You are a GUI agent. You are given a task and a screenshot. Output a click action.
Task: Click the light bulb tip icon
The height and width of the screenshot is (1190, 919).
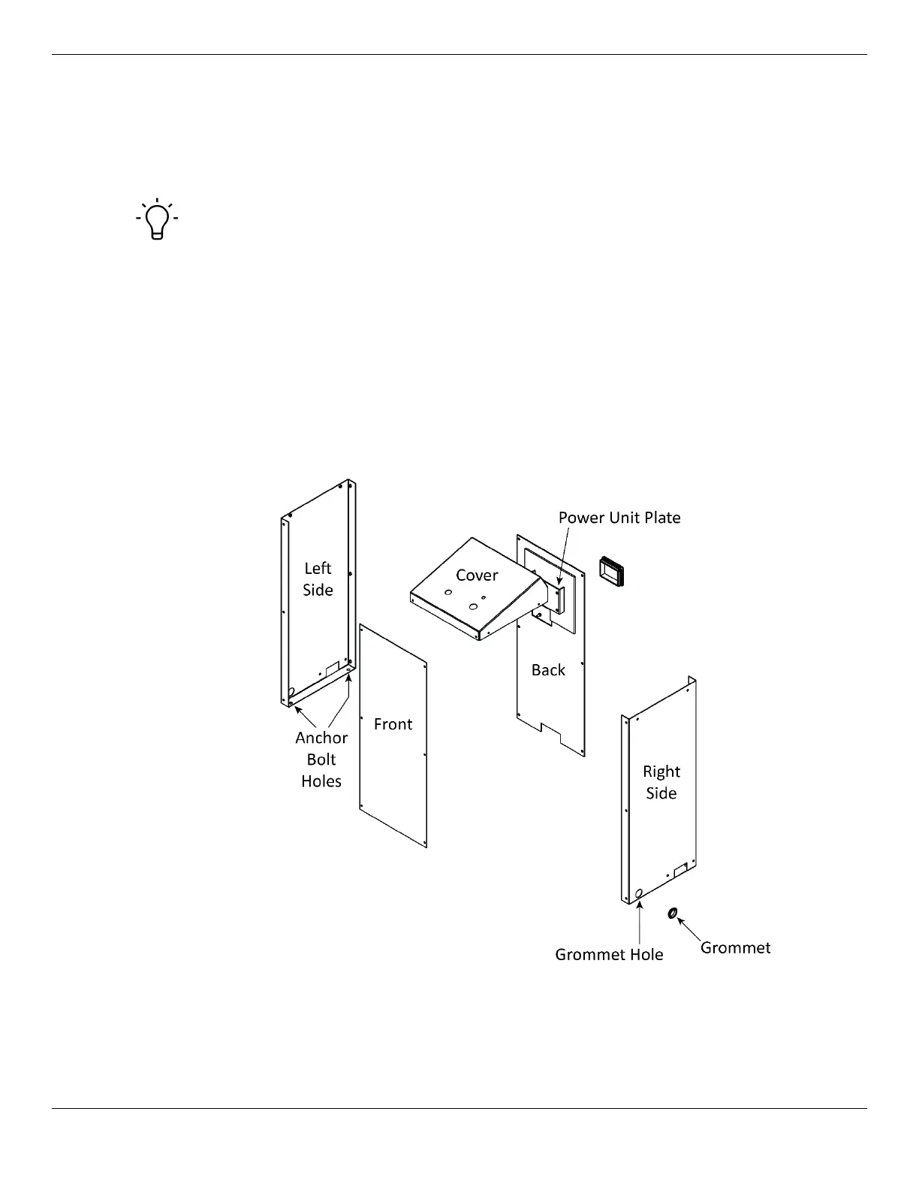pos(157,219)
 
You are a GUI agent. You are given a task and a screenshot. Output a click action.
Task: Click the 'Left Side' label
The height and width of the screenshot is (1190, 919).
pos(318,579)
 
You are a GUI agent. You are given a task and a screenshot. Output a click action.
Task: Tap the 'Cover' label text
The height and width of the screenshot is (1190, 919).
pos(477,575)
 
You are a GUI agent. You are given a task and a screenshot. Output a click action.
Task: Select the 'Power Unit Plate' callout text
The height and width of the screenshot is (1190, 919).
pos(619,518)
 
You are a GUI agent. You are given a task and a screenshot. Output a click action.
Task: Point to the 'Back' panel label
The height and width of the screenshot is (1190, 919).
pos(548,670)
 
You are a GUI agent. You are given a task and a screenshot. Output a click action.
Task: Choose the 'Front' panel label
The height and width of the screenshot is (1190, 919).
pos(393,724)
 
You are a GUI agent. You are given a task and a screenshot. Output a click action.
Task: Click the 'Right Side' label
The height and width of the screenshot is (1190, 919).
pos(661,783)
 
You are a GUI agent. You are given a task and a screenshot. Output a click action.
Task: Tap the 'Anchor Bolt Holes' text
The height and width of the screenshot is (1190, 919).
pos(321,760)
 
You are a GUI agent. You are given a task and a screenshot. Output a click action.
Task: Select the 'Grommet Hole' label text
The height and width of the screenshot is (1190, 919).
pos(609,955)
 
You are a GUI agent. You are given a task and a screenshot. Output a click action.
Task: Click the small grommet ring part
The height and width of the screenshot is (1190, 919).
pos(673,913)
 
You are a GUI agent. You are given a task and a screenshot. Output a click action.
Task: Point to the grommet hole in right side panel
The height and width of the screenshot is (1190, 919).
pos(639,893)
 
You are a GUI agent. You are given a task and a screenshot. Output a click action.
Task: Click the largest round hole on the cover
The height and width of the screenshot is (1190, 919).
pos(473,606)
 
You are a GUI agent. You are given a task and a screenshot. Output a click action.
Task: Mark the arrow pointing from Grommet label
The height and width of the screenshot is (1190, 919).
pos(688,929)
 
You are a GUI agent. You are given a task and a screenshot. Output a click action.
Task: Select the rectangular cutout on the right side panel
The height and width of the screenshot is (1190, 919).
pos(680,870)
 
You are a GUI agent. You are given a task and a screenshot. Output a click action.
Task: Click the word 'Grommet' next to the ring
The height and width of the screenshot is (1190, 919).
pos(735,948)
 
